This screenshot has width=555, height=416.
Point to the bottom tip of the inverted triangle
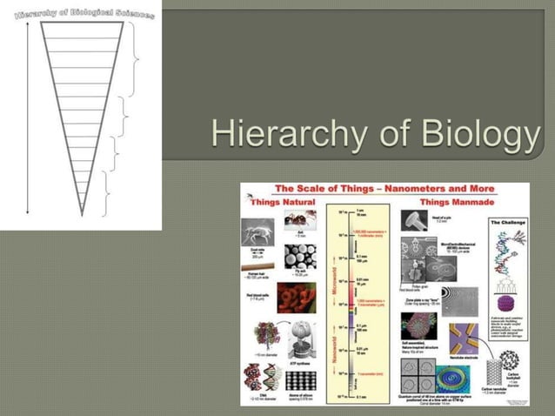pyautogui.click(x=82, y=214)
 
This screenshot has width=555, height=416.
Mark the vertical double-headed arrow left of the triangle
pyautogui.click(x=27, y=117)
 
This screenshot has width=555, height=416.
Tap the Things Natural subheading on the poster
pyautogui.click(x=278, y=202)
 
